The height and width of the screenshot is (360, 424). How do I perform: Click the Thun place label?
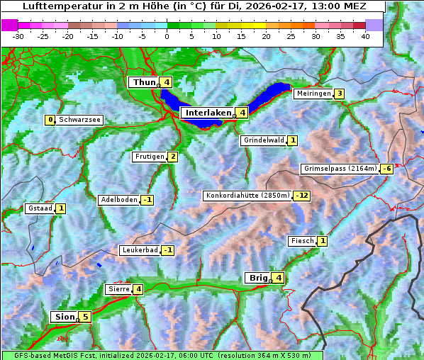pyautogui.click(x=144, y=82)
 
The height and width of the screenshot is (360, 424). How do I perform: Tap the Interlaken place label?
pyautogui.click(x=208, y=113)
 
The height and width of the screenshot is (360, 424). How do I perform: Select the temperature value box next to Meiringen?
pyautogui.click(x=340, y=94)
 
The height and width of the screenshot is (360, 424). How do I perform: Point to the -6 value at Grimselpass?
pyautogui.click(x=386, y=169)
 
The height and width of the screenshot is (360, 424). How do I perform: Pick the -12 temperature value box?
pyautogui.click(x=303, y=196)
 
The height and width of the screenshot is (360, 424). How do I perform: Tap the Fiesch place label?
pyautogui.click(x=302, y=241)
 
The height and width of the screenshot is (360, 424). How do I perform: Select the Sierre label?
pyautogui.click(x=118, y=288)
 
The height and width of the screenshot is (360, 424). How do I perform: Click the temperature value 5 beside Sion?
pyautogui.click(x=86, y=317)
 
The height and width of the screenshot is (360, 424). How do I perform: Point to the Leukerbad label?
pyautogui.click(x=139, y=250)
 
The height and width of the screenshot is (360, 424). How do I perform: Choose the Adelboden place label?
pyautogui.click(x=118, y=200)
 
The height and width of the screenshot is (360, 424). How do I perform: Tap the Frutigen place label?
pyautogui.click(x=149, y=157)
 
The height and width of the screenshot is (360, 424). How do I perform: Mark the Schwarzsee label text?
pyautogui.click(x=80, y=120)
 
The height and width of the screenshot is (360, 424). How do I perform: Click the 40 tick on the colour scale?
pyautogui.click(x=365, y=35)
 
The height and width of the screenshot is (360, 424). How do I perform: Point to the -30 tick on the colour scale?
pyautogui.click(x=18, y=35)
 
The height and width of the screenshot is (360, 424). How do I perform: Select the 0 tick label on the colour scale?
pyautogui.click(x=167, y=35)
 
